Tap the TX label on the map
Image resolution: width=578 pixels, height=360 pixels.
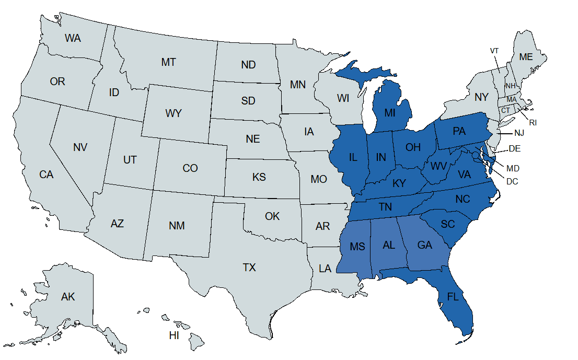[x=249, y=268]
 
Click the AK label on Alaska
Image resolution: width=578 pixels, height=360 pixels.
[x=68, y=297]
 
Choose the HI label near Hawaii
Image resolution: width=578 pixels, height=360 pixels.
[x=174, y=335]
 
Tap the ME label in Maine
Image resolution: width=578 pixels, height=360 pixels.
[x=526, y=57]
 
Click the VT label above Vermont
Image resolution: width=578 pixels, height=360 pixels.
[x=494, y=51]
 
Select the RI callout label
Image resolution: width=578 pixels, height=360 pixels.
[x=533, y=123]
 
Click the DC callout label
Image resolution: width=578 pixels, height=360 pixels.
[x=512, y=181]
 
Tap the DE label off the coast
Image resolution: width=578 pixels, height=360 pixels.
[x=515, y=148]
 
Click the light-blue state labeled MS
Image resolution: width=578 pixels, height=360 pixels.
[x=357, y=247]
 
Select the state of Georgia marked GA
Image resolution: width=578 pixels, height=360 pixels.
[x=424, y=245]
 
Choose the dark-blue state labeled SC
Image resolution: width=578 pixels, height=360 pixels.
[x=448, y=224]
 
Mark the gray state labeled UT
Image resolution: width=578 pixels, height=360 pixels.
[x=130, y=160]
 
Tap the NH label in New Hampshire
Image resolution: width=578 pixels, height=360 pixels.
[x=510, y=86]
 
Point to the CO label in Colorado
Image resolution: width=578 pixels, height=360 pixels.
[x=190, y=168]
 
